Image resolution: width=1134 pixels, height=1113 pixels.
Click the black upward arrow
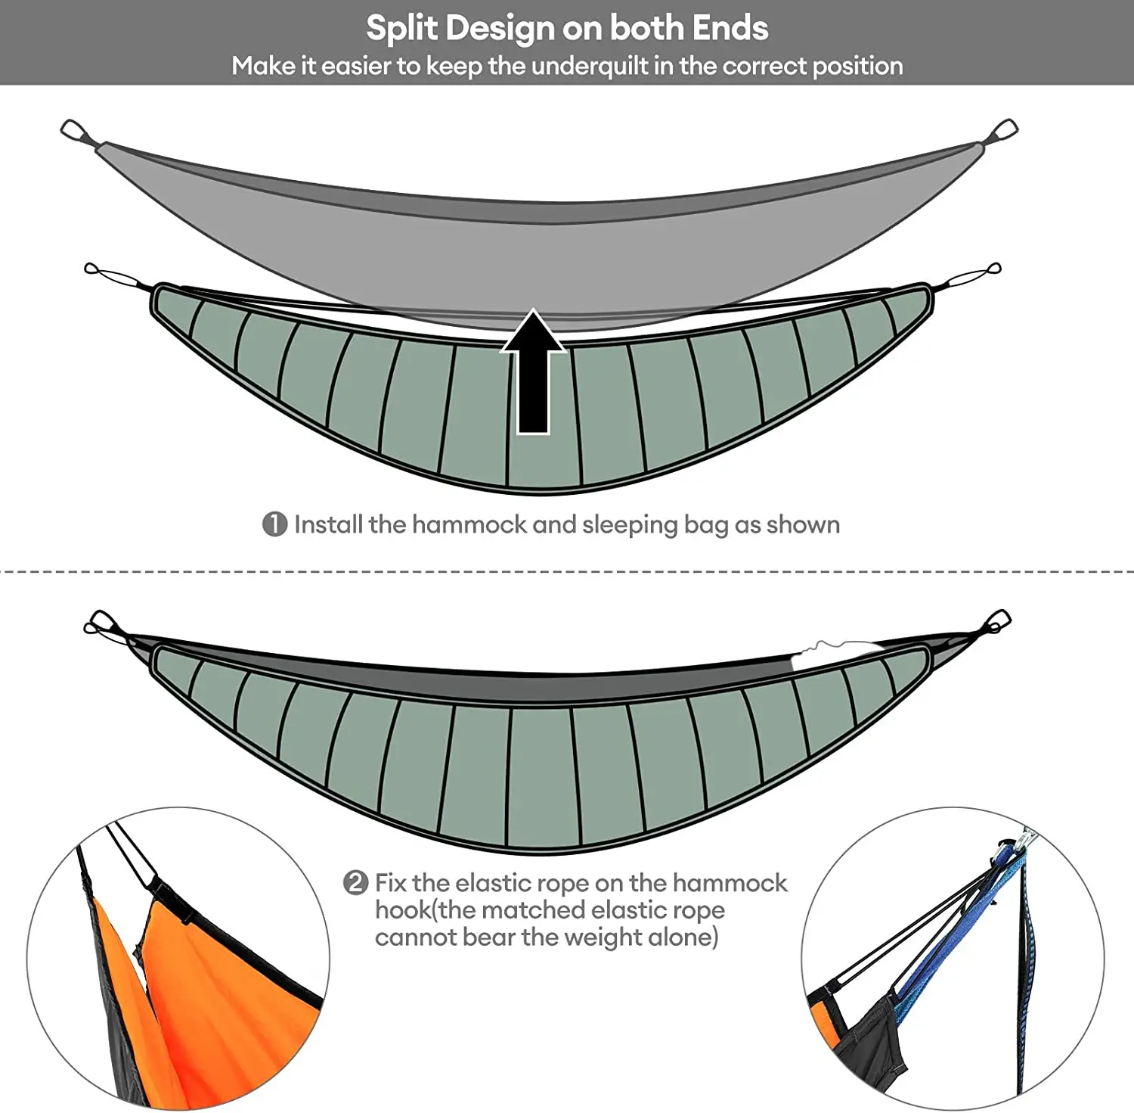[533, 375]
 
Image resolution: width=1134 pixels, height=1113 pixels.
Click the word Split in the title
[401, 29]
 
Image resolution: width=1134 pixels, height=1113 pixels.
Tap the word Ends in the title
[730, 28]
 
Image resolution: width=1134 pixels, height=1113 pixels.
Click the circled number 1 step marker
[274, 524]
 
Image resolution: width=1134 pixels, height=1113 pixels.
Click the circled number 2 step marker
[355, 883]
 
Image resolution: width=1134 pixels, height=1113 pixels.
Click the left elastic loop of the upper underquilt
[113, 276]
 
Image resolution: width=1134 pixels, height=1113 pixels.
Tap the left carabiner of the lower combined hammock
[101, 623]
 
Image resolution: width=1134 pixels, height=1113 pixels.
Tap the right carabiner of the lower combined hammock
[996, 622]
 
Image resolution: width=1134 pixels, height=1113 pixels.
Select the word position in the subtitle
[857, 67]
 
